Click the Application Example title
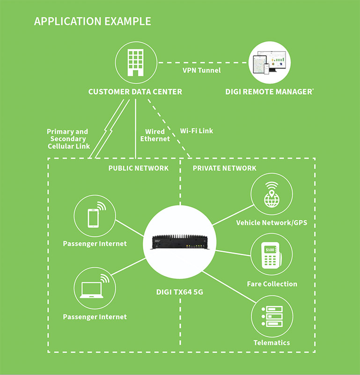(x=92, y=22)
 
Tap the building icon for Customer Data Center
(x=135, y=61)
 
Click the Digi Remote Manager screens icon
(x=269, y=62)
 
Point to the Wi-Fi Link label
(x=196, y=131)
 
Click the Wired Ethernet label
(x=155, y=135)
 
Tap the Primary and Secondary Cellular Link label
(x=68, y=139)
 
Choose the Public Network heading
(x=138, y=168)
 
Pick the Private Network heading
(x=224, y=168)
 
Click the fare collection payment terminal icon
(x=272, y=256)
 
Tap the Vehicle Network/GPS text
(x=272, y=223)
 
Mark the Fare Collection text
(x=272, y=284)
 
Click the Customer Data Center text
(x=135, y=92)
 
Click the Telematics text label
(x=272, y=343)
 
